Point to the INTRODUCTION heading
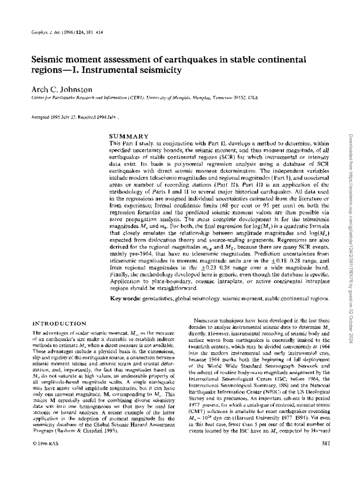[58, 323]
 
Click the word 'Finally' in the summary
[120, 275]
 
